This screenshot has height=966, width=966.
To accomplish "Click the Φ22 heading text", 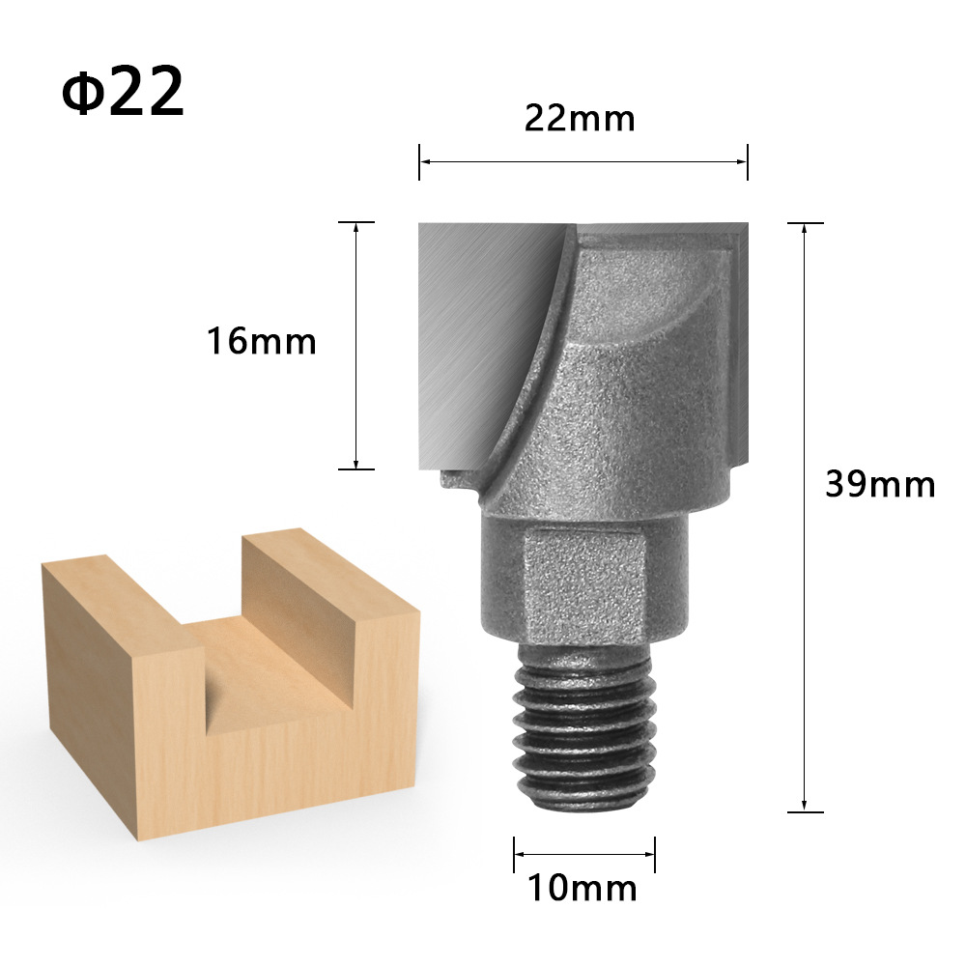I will pos(123,91).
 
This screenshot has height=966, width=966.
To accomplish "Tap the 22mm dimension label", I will pos(580,119).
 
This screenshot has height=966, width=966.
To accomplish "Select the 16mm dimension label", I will pos(261,341).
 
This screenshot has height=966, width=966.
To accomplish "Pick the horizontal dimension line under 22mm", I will pos(583,161).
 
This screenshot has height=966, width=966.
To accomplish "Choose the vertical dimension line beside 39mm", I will pos(805,517).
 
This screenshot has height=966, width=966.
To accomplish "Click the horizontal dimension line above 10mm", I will pos(584,854).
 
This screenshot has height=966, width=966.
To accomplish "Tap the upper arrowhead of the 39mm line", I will pos(805,229).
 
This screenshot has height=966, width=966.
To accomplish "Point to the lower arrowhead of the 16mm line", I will pos(356,463).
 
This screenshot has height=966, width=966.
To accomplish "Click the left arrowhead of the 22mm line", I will pos(425,161).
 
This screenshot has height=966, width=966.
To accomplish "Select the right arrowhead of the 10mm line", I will pos(649,854).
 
